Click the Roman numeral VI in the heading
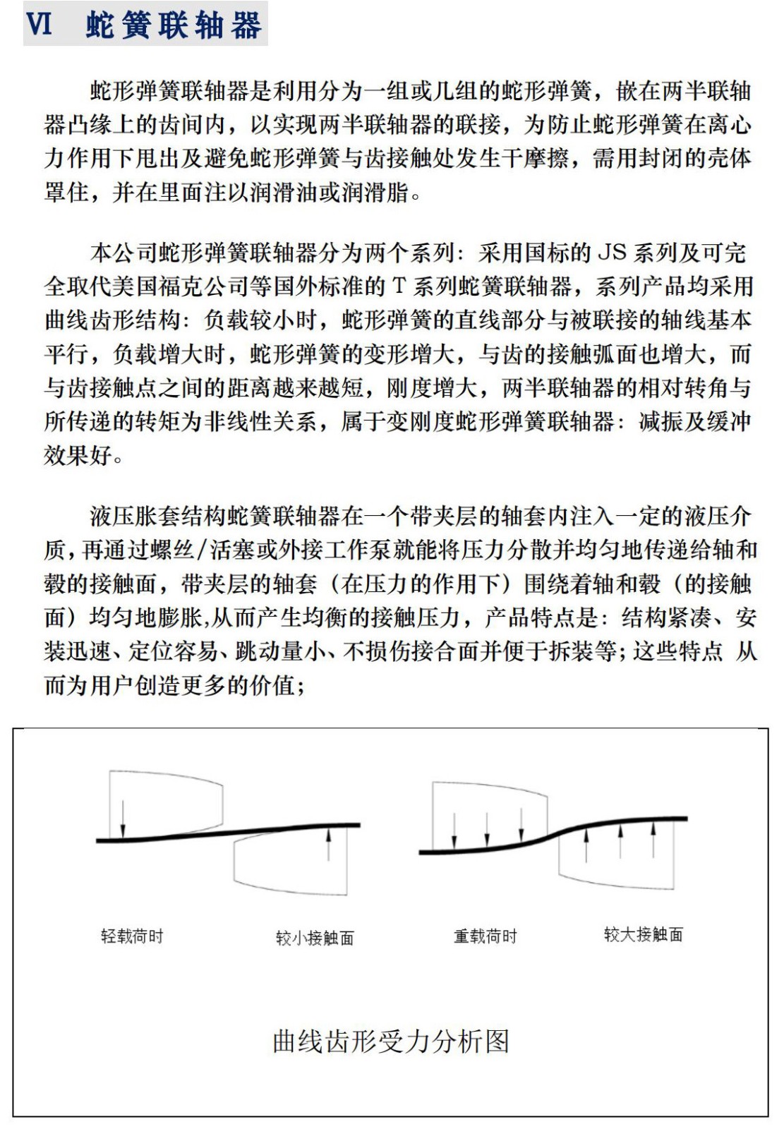click(x=40, y=25)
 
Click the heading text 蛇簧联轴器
click(x=174, y=26)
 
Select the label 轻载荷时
click(x=132, y=936)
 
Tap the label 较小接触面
click(x=315, y=938)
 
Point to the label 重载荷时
click(x=485, y=936)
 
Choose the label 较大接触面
click(x=643, y=935)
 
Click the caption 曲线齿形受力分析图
click(x=390, y=1041)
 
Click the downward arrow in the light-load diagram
click(x=123, y=819)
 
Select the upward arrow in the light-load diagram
click(x=328, y=844)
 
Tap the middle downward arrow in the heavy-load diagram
click(x=487, y=829)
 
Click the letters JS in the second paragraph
click(x=612, y=253)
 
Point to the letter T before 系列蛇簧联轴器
click(x=399, y=286)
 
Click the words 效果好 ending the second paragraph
click(x=78, y=456)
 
